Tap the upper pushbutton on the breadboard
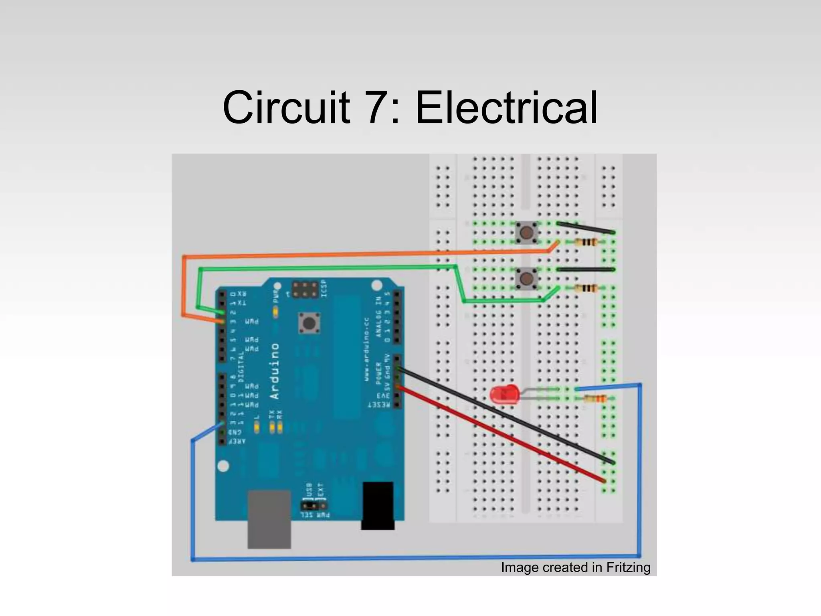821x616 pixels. (x=526, y=232)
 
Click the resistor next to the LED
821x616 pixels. (x=594, y=399)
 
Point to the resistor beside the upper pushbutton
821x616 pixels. (x=586, y=242)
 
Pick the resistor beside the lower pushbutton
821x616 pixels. (x=586, y=288)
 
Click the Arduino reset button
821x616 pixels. (x=308, y=323)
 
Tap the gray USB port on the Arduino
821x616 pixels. (x=269, y=519)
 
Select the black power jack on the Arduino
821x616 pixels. (x=378, y=505)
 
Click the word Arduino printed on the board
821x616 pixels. (x=275, y=371)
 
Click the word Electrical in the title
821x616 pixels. (x=506, y=107)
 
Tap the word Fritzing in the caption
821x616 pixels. (x=628, y=567)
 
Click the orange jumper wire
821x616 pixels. (x=361, y=253)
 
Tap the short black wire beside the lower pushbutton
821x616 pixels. (x=585, y=269)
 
